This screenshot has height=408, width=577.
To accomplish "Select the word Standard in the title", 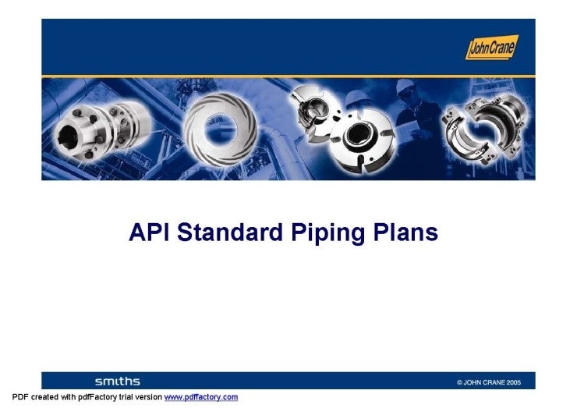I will [232, 232].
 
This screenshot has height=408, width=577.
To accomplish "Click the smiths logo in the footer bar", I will [117, 381].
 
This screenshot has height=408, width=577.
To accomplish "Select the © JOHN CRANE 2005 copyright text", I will [494, 382].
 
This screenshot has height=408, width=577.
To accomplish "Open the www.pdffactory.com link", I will [200, 397].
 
